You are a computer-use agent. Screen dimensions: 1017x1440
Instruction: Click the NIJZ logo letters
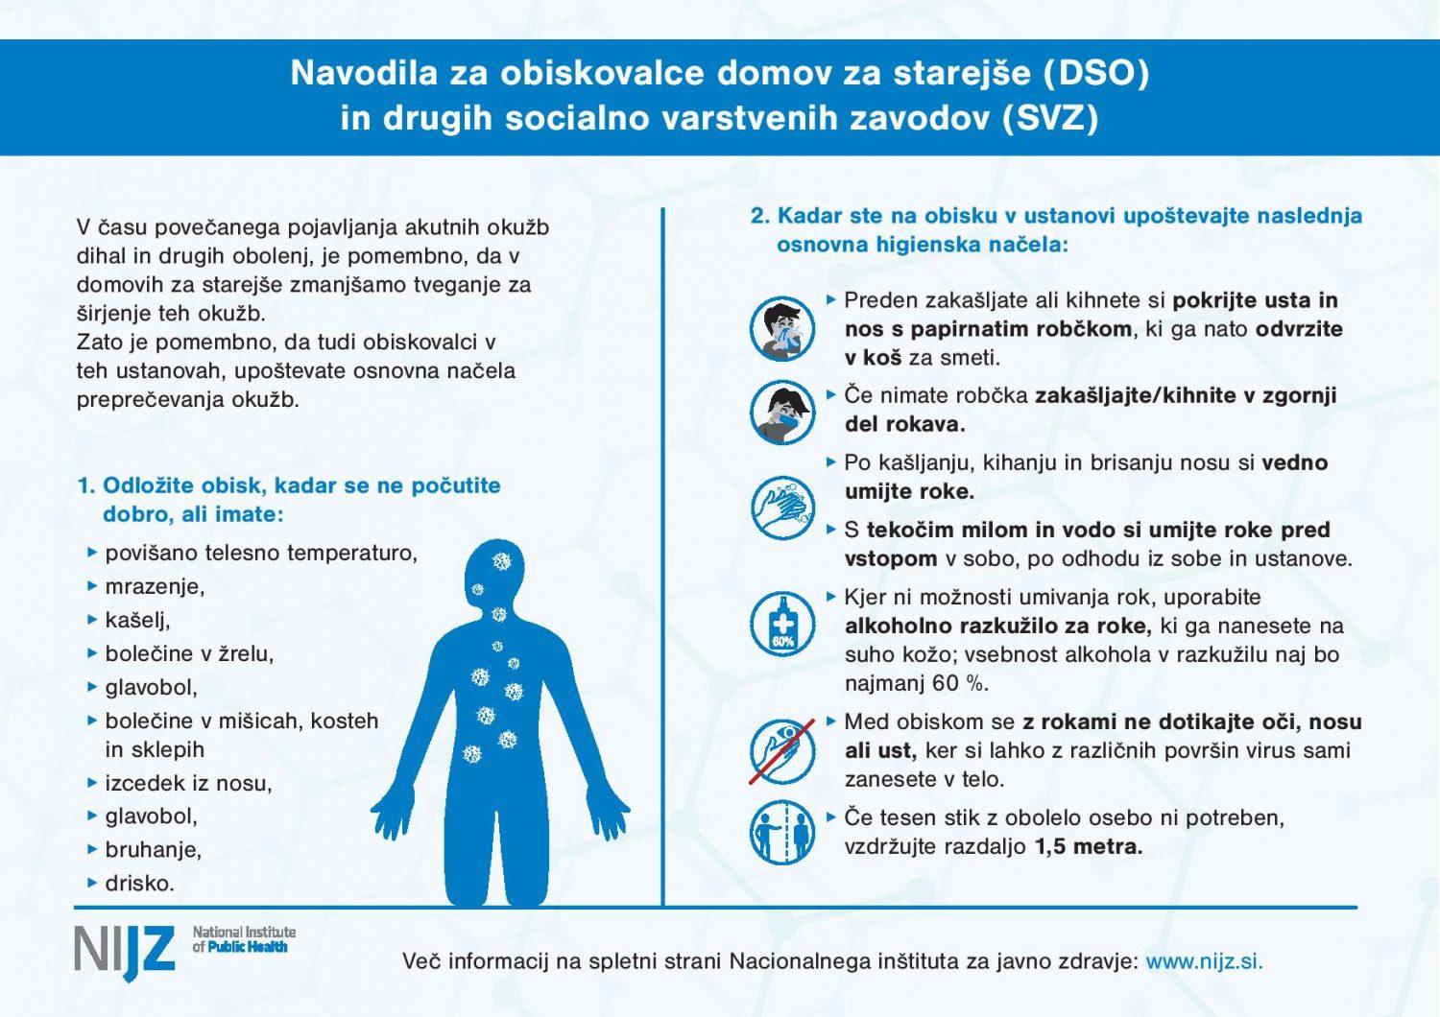[x=125, y=951]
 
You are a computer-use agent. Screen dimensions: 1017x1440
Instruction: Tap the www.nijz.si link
[x=1204, y=961]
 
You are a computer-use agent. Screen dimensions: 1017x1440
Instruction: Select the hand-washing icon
[x=782, y=508]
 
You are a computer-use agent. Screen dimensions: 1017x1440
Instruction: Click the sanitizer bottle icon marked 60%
[x=782, y=624]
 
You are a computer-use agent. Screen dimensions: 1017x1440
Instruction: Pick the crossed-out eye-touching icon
[x=782, y=750]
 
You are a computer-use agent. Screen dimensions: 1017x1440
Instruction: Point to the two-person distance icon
[x=782, y=832]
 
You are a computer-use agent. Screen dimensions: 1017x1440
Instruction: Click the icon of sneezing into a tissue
[x=782, y=329]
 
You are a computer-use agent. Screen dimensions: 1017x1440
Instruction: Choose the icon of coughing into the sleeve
[x=782, y=412]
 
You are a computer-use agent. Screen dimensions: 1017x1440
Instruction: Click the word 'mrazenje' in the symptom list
[x=155, y=586]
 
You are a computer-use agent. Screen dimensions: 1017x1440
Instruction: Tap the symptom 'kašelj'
[x=137, y=620]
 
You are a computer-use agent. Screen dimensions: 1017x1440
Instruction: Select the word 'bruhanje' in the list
[x=154, y=850]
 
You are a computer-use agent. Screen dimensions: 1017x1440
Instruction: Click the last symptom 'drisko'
[x=140, y=884]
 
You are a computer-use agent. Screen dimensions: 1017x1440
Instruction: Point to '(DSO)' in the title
[x=1096, y=74]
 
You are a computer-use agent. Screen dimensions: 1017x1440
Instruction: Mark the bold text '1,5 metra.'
[x=1089, y=847]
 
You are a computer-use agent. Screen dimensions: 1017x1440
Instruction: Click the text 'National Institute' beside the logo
[x=244, y=932]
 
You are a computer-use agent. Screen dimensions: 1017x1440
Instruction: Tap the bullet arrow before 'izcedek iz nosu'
[x=92, y=783]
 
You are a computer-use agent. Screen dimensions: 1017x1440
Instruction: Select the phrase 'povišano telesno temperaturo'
[x=261, y=554]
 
